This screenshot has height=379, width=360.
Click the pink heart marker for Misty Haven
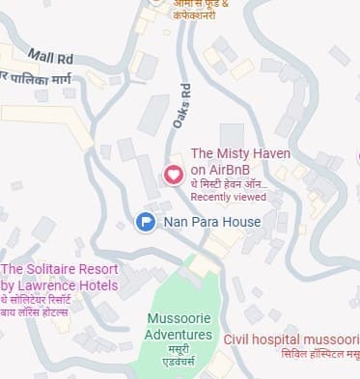point(174,176)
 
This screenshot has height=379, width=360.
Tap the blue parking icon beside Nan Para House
point(145,223)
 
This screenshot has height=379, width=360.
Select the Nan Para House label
point(212,223)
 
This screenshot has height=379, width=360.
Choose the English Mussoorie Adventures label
point(180,327)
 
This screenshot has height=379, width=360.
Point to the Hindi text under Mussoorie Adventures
point(180,359)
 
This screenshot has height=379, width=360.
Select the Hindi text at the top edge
point(203,8)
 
